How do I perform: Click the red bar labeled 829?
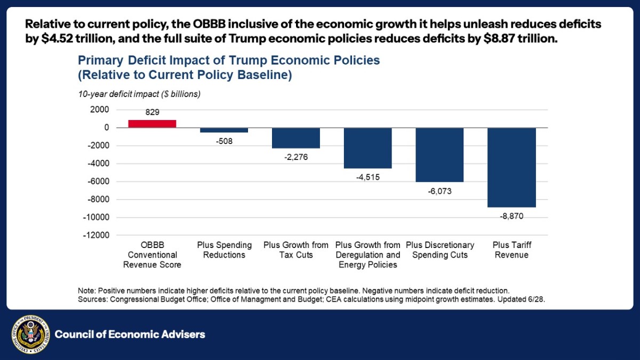click(152, 124)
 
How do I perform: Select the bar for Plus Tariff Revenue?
click(511, 167)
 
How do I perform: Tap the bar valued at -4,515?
click(367, 148)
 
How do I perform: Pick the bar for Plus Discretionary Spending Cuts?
click(439, 155)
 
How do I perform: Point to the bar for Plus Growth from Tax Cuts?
click(295, 138)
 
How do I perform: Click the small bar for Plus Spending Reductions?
click(224, 130)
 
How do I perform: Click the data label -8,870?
click(511, 215)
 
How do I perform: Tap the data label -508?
click(224, 141)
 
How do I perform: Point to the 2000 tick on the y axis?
click(100, 109)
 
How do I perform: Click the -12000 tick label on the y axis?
click(97, 235)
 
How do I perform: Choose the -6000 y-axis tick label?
click(98, 181)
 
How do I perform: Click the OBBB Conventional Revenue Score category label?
click(152, 255)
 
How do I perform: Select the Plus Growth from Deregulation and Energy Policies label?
click(367, 255)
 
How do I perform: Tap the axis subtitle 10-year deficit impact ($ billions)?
click(139, 94)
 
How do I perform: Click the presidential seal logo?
click(30, 334)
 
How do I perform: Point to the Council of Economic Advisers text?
click(130, 335)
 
